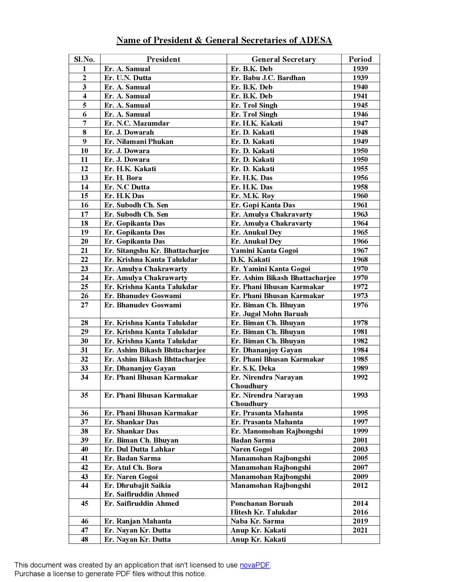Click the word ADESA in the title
coord(315,40)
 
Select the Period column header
coord(360,59)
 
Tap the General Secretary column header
coord(283,59)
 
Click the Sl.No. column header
coord(84,59)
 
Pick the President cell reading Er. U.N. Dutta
coord(128,78)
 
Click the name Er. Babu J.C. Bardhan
coord(268,78)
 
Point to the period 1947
coord(360,123)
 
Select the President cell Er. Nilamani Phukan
coord(138,141)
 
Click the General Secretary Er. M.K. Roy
coord(253,196)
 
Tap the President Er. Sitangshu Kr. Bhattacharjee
coord(156,251)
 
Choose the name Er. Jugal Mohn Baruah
coord(269,314)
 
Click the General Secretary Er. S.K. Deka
coord(253,368)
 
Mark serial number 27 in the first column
coord(84,305)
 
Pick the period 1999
coord(360,431)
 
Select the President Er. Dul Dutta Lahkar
coord(139,449)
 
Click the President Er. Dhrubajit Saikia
coord(137,485)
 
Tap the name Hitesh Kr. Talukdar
coord(264,512)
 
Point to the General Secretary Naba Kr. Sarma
coord(257,521)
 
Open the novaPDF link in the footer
coord(255,565)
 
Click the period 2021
coord(360,530)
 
